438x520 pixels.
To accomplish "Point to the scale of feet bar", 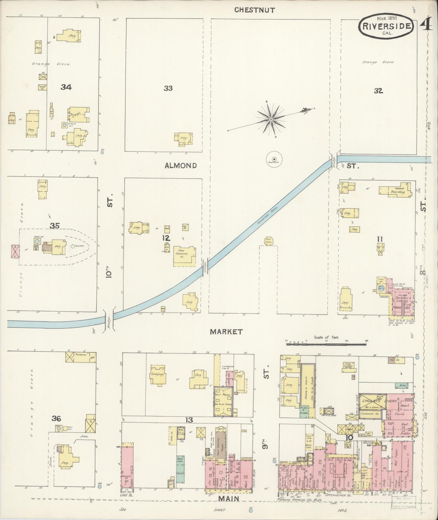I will pos(326,344).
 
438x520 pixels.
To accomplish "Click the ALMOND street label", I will pos(181,166).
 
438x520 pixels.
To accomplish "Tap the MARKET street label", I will pos(226,332).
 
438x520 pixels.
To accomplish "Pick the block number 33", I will pos(168,88).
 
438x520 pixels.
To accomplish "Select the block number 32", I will pos(378,91).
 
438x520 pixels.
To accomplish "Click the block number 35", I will pos(55,225).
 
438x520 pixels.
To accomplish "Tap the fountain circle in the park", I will pos(274,159).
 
